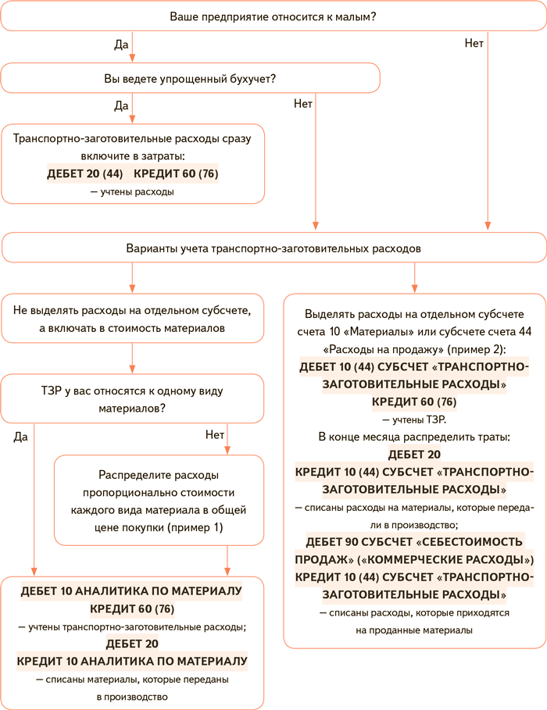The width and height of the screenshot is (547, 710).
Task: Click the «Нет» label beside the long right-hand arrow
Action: click(474, 44)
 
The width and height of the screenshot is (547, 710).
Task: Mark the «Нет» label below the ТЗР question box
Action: click(214, 434)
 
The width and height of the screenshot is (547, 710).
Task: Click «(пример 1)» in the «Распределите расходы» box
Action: click(195, 528)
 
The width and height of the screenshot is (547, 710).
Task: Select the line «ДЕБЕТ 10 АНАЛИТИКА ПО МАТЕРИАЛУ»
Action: click(132, 590)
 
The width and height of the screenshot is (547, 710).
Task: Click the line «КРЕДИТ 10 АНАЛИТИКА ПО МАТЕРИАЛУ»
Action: click(132, 661)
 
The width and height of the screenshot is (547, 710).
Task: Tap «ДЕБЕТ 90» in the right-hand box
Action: click(337, 542)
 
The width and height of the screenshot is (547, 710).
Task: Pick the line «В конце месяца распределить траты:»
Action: click(414, 437)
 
